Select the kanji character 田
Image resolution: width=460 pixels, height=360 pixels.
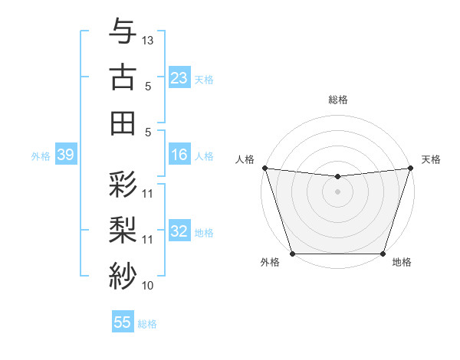(123, 123)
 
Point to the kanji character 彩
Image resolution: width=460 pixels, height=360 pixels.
(123, 185)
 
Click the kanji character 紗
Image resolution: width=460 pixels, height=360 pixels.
(123, 275)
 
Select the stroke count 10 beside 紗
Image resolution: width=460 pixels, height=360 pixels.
(148, 286)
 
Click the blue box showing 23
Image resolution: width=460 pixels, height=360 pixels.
(179, 78)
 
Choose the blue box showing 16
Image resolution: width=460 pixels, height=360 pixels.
(179, 155)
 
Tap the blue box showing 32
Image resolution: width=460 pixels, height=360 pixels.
(179, 231)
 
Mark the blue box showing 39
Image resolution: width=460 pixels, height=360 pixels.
(65, 155)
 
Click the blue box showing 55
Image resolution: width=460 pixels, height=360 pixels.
(123, 322)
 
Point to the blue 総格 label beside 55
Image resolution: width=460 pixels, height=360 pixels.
(147, 324)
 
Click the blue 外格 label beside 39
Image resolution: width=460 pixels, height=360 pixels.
(41, 156)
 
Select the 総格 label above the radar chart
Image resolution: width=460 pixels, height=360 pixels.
(337, 100)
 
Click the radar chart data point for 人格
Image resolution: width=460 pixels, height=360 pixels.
(264, 168)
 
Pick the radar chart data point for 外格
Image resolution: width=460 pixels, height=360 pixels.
(292, 253)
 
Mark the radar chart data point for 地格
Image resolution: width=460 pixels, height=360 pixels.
(383, 253)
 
